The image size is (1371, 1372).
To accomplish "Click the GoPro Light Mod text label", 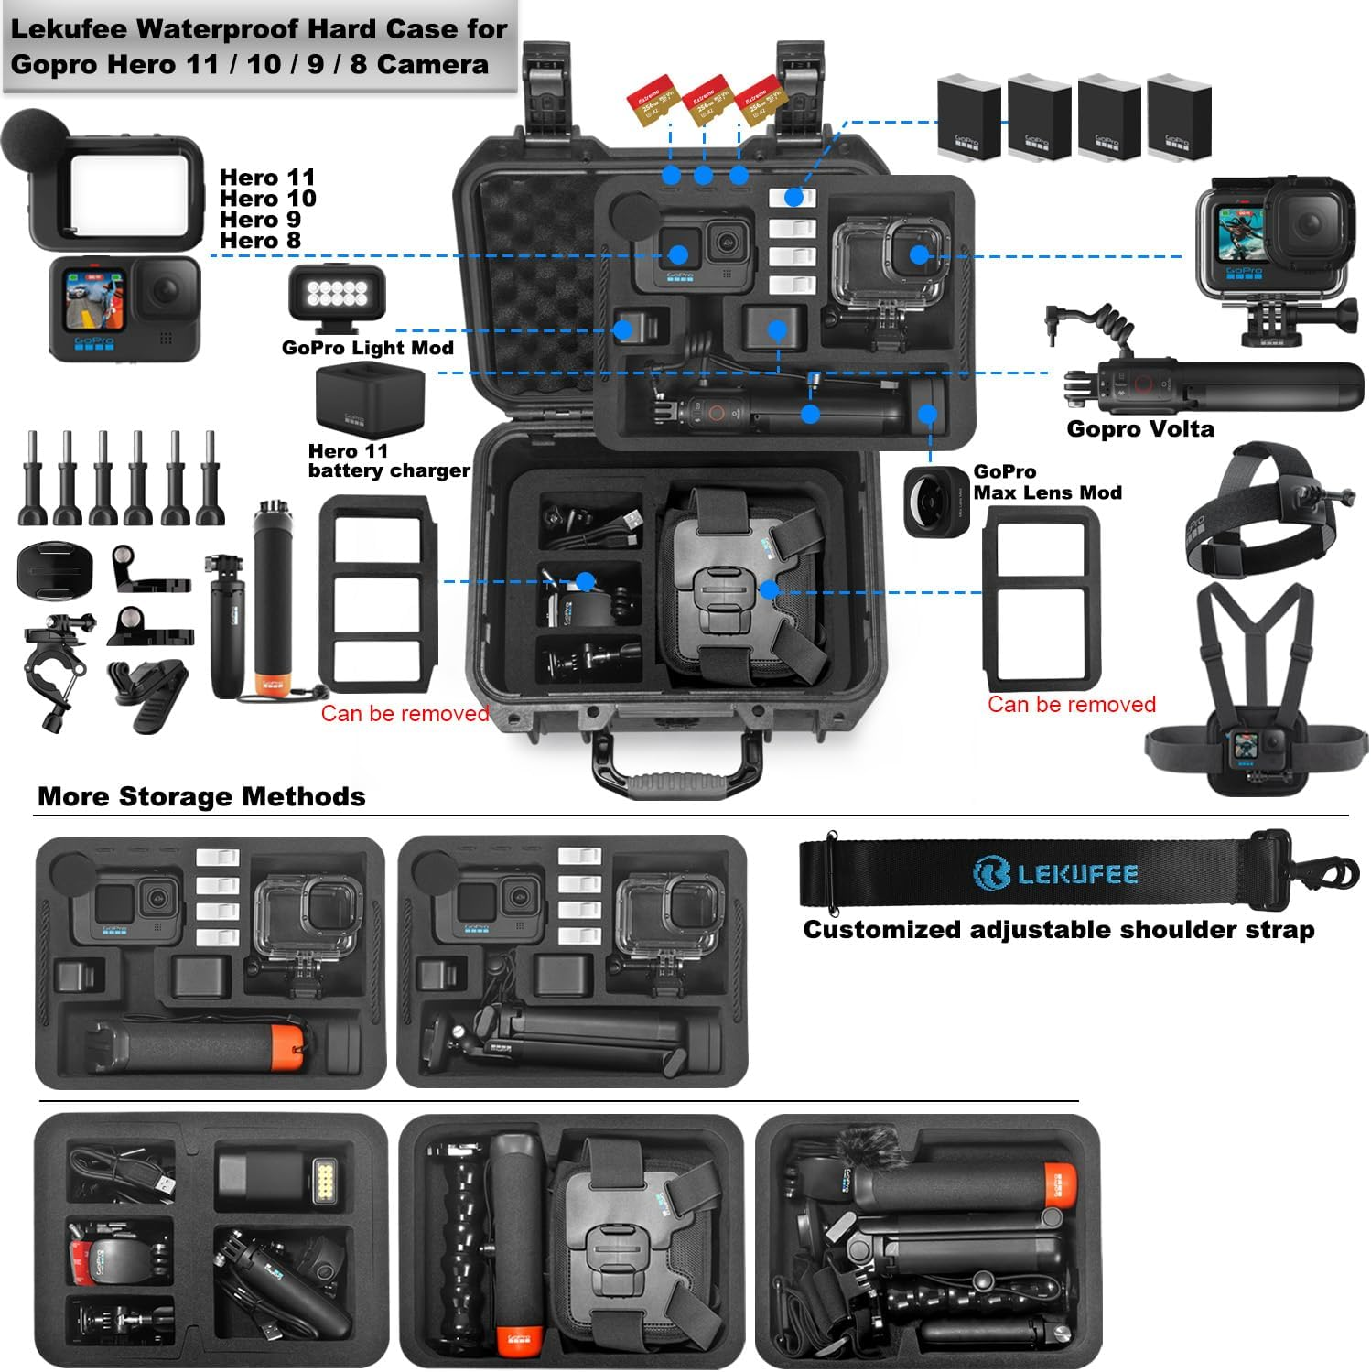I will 367,348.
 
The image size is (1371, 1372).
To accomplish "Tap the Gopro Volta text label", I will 1139,428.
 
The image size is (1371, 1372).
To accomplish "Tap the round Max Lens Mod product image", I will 936,501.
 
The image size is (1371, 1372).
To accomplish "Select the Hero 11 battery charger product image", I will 370,399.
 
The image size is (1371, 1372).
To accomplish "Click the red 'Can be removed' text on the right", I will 1071,704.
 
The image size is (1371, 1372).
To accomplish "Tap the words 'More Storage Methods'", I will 201,796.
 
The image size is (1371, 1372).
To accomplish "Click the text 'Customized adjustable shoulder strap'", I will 1058,930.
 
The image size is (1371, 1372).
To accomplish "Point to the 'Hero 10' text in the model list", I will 267,199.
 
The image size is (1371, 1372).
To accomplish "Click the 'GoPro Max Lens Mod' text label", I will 1046,482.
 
